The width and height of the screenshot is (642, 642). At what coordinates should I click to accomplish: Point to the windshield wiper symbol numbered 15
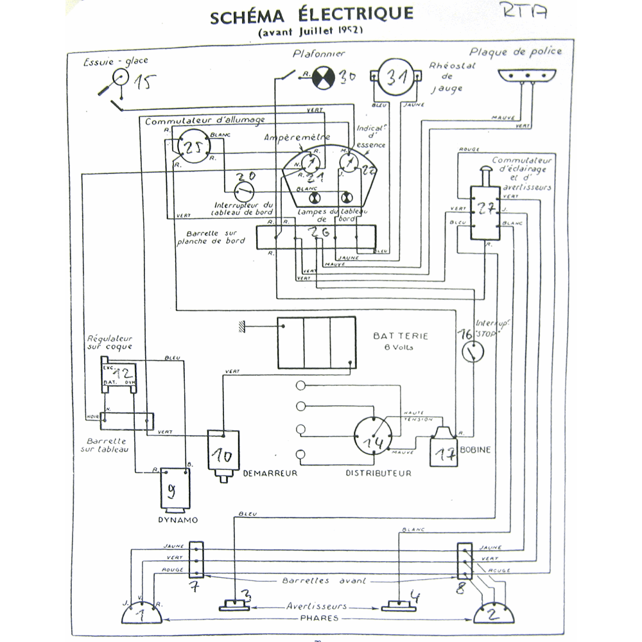pos(119,78)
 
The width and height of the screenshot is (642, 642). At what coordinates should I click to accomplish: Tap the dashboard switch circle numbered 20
pos(243,189)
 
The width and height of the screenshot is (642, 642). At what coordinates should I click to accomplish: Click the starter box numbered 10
pos(223,453)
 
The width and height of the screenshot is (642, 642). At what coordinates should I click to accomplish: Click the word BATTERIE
pos(400,336)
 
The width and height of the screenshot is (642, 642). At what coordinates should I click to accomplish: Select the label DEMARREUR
pos(270,474)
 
